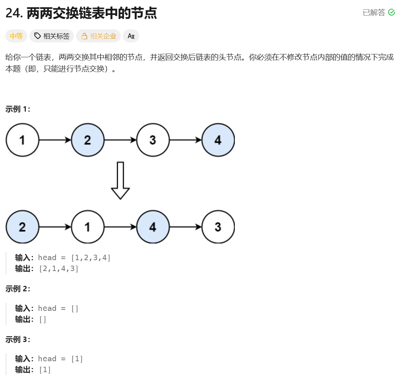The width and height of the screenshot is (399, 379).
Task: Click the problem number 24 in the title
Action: (x=14, y=13)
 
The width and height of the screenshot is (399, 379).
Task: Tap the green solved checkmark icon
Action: (x=391, y=12)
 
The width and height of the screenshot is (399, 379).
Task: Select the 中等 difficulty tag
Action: (x=16, y=36)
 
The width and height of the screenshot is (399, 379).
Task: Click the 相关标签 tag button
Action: (x=52, y=36)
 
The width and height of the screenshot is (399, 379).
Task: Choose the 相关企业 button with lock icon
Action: (x=98, y=36)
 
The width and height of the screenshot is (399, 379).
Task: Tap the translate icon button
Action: (x=131, y=36)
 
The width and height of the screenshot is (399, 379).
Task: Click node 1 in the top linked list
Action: (x=22, y=140)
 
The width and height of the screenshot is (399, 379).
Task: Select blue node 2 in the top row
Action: (x=88, y=140)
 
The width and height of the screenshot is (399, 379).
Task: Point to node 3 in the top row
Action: (x=153, y=140)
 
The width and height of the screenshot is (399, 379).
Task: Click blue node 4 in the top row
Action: (x=218, y=140)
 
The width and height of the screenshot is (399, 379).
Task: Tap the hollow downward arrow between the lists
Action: (x=120, y=180)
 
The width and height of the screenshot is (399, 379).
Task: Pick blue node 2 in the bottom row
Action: (x=22, y=227)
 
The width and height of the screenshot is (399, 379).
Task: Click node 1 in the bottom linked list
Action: (x=88, y=227)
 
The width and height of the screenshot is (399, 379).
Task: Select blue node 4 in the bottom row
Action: (x=153, y=227)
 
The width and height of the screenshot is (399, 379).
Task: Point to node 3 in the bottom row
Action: (x=218, y=227)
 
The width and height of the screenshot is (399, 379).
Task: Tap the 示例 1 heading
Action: (x=18, y=109)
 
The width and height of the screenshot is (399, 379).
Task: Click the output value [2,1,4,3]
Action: (x=58, y=268)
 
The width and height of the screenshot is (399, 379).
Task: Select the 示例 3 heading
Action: (x=18, y=340)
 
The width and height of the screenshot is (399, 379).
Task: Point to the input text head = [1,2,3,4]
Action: (x=74, y=258)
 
